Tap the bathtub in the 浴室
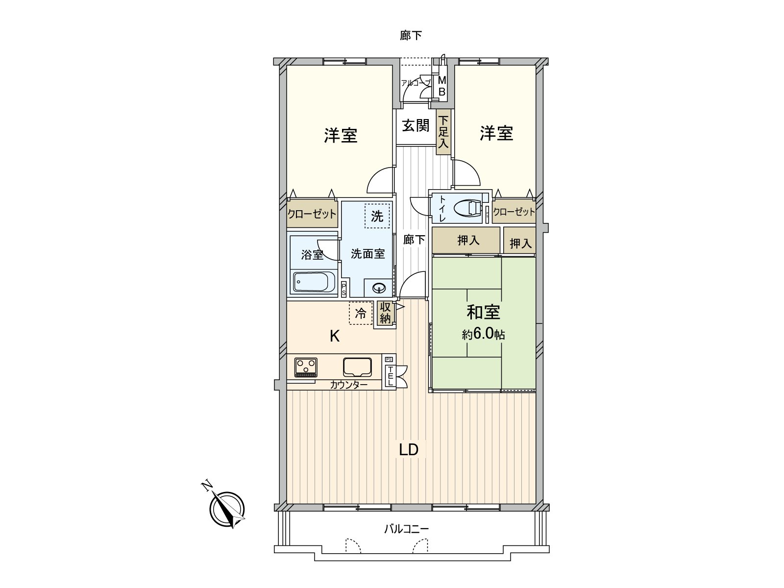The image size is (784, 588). pos(314,282)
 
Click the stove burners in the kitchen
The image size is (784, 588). pos(306,367)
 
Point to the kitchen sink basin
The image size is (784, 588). pos(357,367)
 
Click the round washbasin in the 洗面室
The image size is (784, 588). pos(379,288)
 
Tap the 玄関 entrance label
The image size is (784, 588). pos(416,125)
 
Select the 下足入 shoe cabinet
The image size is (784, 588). pos(443,132)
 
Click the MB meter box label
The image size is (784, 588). pos(442,86)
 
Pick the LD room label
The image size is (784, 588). pos(409,449)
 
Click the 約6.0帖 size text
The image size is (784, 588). pos(483,335)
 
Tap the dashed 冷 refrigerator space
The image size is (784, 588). pos(361,313)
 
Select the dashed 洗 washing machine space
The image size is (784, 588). pos(377,216)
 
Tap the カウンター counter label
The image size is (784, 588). pos(348,385)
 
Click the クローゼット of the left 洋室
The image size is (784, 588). pos(312,214)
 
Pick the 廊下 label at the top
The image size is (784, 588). pos(411,35)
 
